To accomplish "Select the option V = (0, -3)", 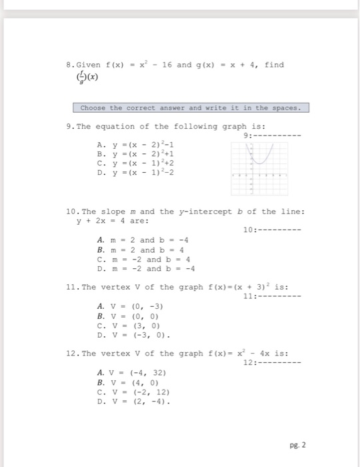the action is coord(126,306).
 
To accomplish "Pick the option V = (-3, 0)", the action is coord(127,334).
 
